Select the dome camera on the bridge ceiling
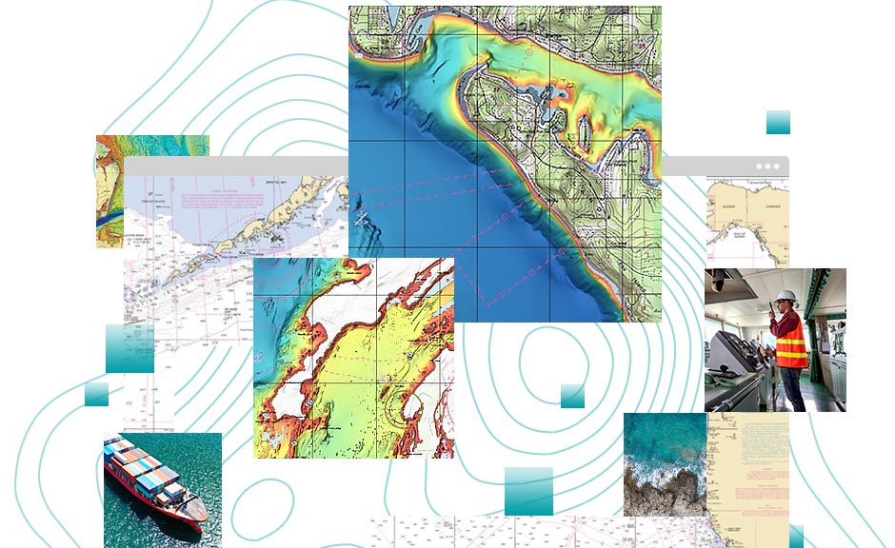point(720,283)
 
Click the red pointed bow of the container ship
point(199,519)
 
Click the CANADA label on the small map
point(771,206)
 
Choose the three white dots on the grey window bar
point(766,166)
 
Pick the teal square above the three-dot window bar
point(778,122)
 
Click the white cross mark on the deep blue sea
point(362,220)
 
